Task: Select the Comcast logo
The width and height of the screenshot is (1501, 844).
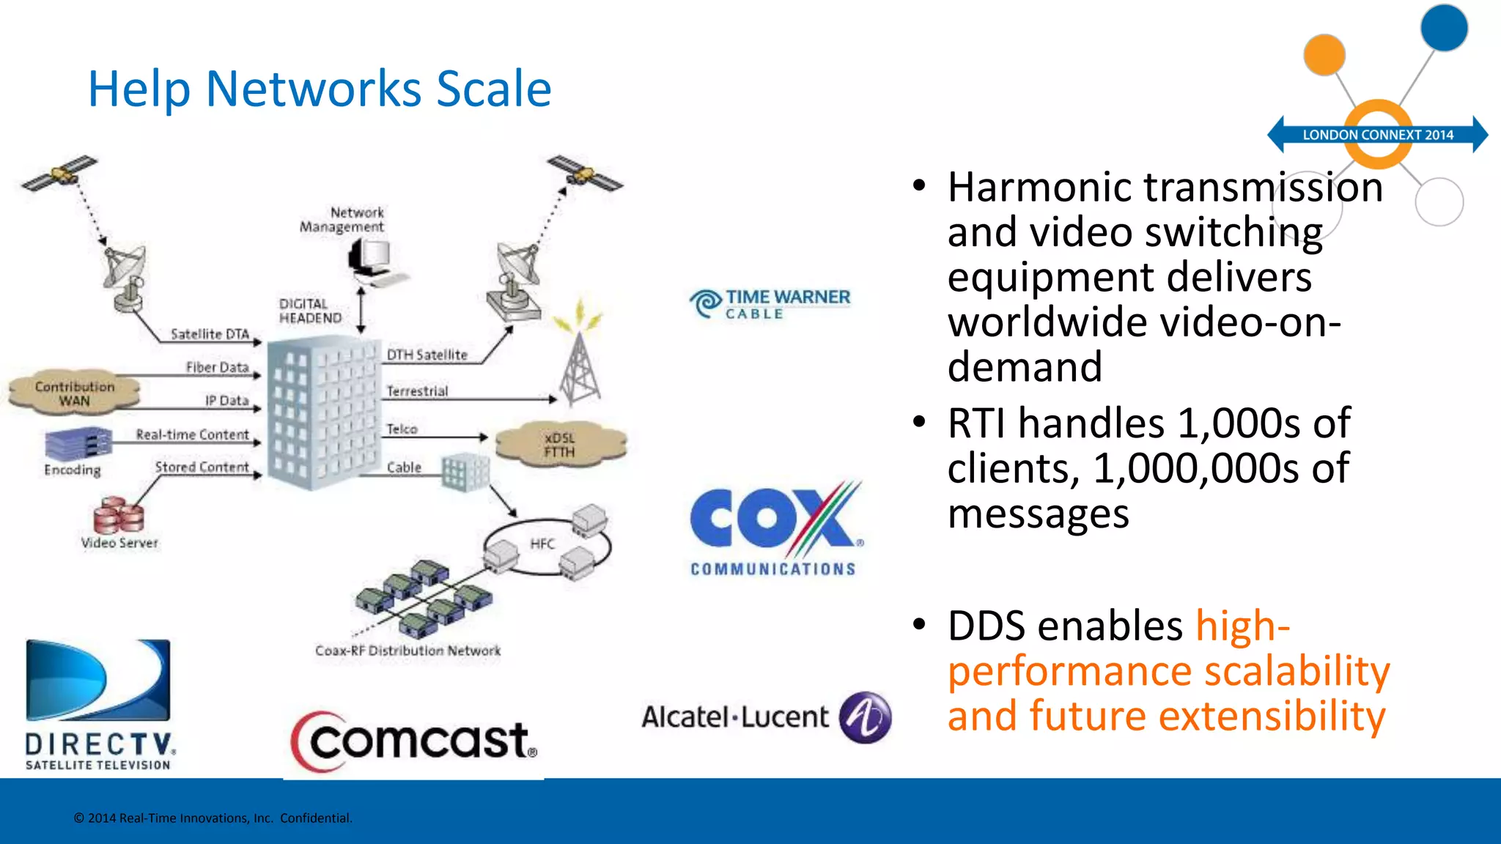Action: point(416,741)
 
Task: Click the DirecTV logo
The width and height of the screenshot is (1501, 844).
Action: point(100,703)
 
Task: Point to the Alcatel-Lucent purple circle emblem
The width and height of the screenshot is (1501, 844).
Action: point(866,717)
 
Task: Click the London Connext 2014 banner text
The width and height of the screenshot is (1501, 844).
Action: point(1377,135)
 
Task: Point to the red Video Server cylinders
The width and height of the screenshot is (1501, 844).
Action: point(118,515)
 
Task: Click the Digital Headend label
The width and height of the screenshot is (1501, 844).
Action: point(310,311)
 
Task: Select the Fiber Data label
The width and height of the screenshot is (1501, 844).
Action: point(217,367)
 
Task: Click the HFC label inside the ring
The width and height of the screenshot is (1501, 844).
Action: point(542,544)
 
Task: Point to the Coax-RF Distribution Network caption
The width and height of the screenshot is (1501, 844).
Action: point(407,651)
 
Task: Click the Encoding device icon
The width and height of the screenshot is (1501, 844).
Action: point(78,443)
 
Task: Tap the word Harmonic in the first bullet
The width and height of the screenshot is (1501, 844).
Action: point(1039,188)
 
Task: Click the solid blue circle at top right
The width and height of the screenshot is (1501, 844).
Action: point(1443,28)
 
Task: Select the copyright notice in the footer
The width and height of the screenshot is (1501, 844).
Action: point(213,818)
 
